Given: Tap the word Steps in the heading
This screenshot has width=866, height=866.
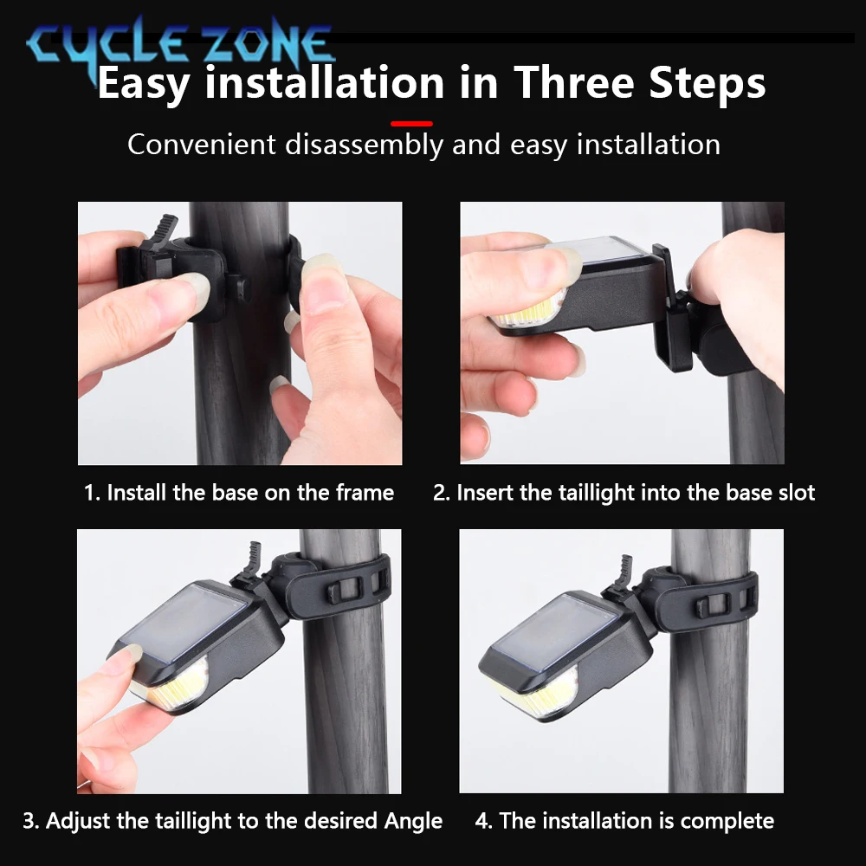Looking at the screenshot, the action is click(708, 85).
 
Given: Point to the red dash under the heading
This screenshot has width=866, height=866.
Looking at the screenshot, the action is click(411, 124).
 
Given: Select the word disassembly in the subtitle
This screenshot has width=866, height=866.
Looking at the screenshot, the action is click(364, 145).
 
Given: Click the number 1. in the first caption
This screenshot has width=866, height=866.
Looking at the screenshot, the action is click(92, 493).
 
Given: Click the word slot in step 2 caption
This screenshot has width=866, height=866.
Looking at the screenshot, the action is click(796, 493).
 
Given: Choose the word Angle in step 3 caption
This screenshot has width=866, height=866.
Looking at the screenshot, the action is click(413, 821).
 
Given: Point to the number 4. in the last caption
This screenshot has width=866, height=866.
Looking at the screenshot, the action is click(483, 821).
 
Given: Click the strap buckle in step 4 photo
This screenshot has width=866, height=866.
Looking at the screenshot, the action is click(711, 606).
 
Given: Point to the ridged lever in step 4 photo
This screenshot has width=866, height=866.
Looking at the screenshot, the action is click(624, 572).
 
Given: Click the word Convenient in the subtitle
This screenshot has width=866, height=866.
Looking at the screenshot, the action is click(202, 145).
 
